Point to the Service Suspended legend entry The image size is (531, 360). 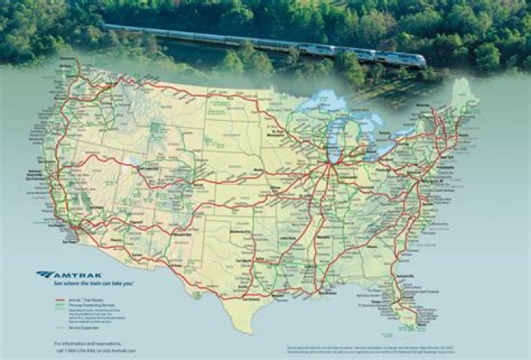pyautogui.click(x=86, y=328)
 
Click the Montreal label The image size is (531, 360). pyautogui.click(x=426, y=105)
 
